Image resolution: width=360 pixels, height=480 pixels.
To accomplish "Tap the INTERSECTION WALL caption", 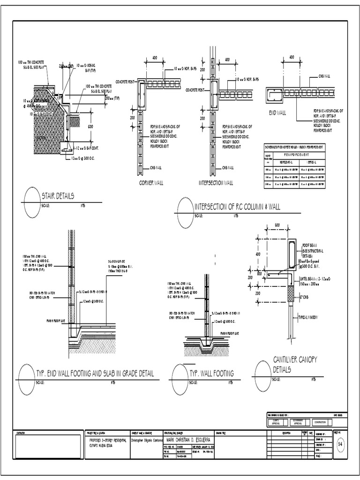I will click(215, 183).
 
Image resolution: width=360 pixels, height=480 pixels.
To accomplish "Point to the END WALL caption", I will click(277, 113).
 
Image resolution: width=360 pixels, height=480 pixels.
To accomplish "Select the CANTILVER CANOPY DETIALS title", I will click(295, 364).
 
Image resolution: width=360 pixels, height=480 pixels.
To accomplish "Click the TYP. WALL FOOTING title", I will click(212, 374).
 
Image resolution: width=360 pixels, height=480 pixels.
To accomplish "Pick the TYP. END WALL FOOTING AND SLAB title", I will click(95, 374).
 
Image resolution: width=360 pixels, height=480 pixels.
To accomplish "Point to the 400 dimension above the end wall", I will click(291, 57).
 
